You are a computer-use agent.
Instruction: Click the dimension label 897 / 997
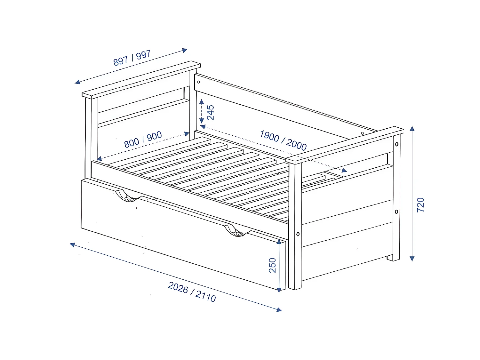[132, 58]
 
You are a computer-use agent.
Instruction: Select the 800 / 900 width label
[143, 140]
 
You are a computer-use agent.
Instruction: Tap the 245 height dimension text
[211, 112]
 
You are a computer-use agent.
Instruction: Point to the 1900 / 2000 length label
[283, 140]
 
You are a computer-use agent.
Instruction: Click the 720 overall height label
[420, 205]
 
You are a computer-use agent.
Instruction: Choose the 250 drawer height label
[272, 265]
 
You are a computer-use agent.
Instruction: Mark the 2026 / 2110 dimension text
[192, 292]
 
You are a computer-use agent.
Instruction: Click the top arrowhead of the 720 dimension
[412, 129]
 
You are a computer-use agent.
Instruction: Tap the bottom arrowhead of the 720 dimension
[412, 259]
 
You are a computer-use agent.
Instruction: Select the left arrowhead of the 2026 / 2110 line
[73, 245]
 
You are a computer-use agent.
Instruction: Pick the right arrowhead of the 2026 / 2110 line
[279, 309]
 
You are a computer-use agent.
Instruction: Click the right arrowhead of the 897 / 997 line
[185, 50]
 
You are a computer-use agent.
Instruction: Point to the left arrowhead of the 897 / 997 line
[77, 82]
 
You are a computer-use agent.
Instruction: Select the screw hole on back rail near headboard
[198, 82]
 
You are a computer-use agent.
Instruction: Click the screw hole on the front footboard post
[298, 234]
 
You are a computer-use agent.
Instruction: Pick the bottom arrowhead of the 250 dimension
[279, 290]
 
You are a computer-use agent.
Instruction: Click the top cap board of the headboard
[141, 80]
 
